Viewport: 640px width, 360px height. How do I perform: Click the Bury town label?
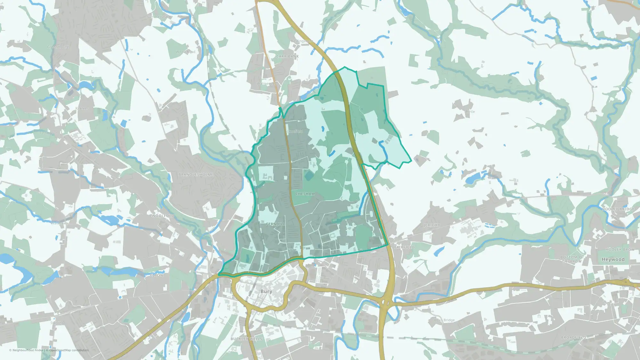pyautogui.click(x=266, y=291)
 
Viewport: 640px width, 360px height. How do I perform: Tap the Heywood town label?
pyautogui.click(x=613, y=259)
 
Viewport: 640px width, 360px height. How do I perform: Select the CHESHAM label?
pyautogui.click(x=305, y=194)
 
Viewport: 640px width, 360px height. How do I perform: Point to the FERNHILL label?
pyautogui.click(x=276, y=224)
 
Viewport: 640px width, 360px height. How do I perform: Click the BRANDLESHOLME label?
pyautogui.click(x=196, y=174)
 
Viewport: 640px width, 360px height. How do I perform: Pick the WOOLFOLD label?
pyautogui.click(x=163, y=216)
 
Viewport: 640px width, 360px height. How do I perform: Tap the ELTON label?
pyautogui.click(x=156, y=275)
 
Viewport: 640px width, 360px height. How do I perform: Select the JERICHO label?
pyautogui.click(x=432, y=225)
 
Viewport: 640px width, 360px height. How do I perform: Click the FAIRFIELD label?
pyautogui.click(x=404, y=247)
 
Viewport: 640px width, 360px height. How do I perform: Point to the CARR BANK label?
pyautogui.click(x=287, y=56)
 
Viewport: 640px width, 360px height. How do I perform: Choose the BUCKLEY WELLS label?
pyautogui.click(x=246, y=339)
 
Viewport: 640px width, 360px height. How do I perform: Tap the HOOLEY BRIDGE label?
pyautogui.click(x=618, y=209)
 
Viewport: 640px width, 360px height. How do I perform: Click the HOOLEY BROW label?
pyautogui.click(x=620, y=250)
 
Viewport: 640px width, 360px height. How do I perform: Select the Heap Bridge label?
pyautogui.click(x=444, y=320)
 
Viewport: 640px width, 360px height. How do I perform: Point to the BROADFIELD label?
pyautogui.click(x=574, y=338)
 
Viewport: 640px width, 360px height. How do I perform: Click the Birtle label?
pyautogui.click(x=470, y=112)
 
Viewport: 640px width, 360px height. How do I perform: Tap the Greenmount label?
pyautogui.click(x=58, y=47)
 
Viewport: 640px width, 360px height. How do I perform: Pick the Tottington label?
pyautogui.click(x=48, y=133)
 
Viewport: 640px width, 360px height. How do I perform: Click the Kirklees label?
pyautogui.click(x=82, y=108)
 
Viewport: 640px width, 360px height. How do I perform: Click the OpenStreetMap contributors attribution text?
pyautogui.click(x=69, y=350)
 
